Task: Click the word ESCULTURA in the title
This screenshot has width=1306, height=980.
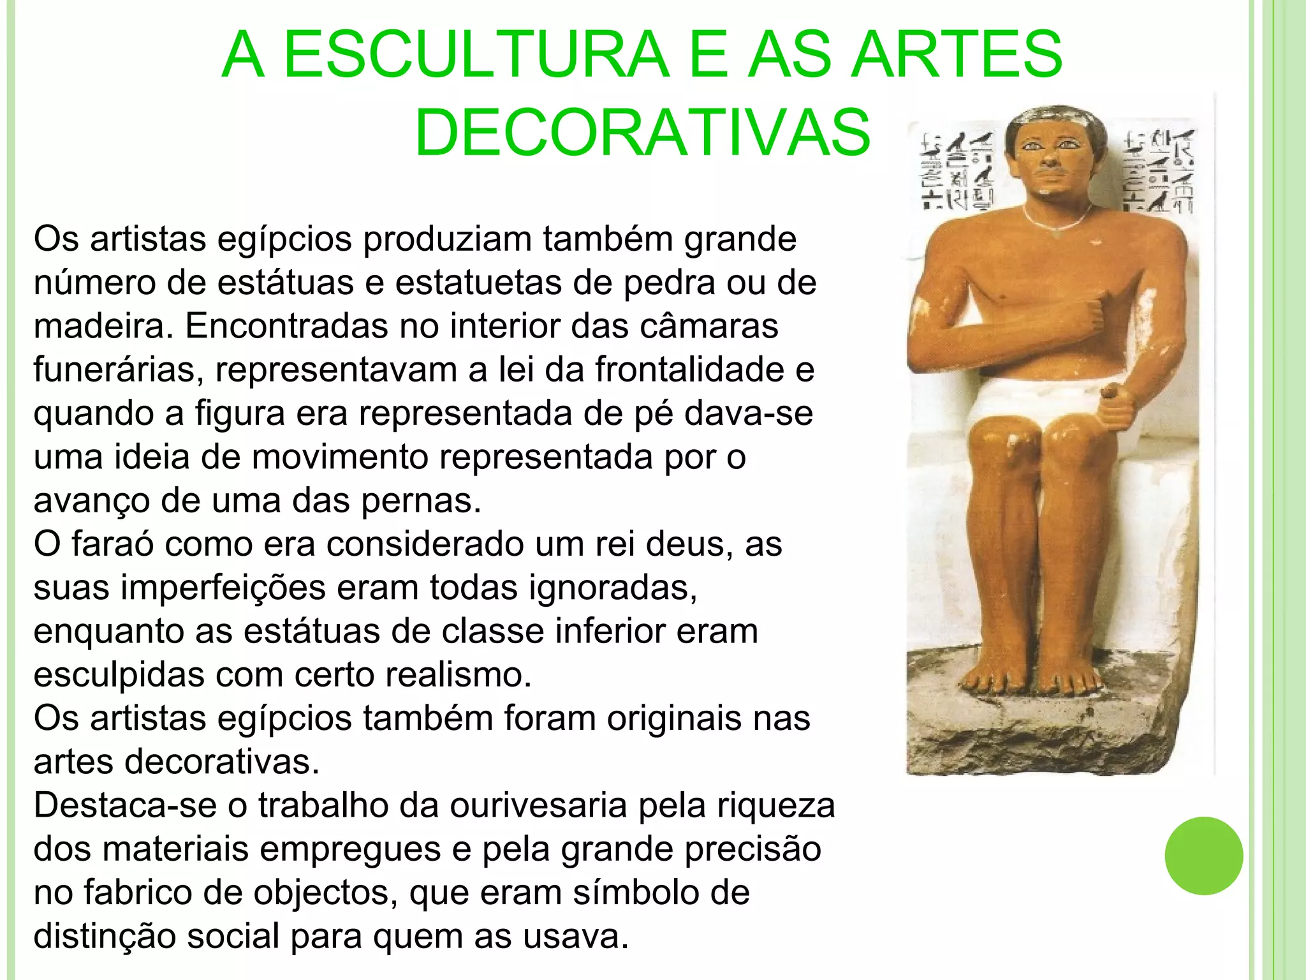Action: click(x=476, y=55)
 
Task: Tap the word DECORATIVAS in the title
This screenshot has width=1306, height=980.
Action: click(x=642, y=133)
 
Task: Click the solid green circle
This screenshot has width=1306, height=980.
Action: click(x=1203, y=856)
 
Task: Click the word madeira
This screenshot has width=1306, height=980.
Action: click(x=103, y=326)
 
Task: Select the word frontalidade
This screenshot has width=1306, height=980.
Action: click(x=689, y=370)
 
